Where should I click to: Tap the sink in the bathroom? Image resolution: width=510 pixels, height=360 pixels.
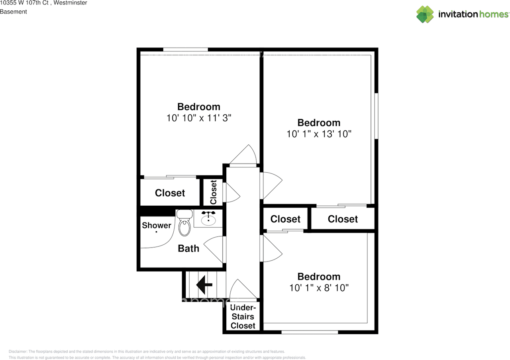(208, 219)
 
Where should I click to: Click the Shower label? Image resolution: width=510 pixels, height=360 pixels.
(157, 225)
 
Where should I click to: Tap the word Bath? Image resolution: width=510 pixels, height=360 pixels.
(188, 248)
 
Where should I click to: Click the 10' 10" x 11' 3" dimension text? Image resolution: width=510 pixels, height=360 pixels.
(199, 118)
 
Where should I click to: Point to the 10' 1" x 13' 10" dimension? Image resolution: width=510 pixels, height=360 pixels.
(319, 134)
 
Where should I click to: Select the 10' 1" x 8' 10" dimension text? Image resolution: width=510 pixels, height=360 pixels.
(319, 287)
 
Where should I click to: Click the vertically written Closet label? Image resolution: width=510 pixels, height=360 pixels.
(214, 192)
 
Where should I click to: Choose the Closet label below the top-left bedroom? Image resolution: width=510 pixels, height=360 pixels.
(170, 193)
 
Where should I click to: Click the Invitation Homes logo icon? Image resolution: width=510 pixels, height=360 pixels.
(425, 14)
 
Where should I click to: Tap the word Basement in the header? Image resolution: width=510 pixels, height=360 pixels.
(14, 12)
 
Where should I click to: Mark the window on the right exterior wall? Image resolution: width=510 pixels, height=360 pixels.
(376, 116)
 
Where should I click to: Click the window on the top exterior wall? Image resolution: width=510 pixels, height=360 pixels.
(186, 50)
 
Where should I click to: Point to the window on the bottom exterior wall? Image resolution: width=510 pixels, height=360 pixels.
(310, 332)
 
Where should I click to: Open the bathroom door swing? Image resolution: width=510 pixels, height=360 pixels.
(216, 249)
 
